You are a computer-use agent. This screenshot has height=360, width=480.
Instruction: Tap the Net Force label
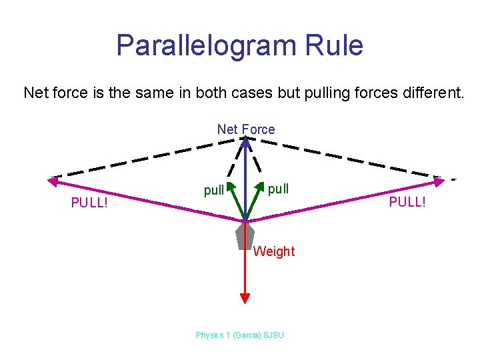245,129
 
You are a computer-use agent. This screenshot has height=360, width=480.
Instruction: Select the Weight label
273,251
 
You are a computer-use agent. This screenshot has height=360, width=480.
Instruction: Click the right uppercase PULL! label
407,201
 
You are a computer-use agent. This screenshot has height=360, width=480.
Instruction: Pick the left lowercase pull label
214,191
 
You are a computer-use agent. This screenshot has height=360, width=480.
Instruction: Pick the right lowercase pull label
278,188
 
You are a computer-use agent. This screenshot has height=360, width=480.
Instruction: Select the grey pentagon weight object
245,235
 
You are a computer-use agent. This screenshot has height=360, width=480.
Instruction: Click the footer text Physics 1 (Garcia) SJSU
239,335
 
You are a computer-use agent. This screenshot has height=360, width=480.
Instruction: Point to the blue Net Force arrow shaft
245,180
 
